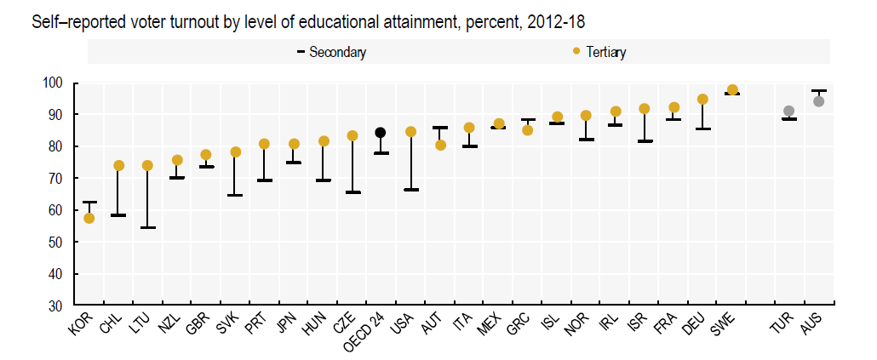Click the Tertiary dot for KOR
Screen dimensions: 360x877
(89, 218)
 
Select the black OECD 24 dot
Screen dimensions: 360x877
(381, 133)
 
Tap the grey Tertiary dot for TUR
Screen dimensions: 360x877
(789, 111)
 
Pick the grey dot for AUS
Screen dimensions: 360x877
(819, 101)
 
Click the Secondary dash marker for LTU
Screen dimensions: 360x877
(147, 227)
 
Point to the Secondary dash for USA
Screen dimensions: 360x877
(410, 189)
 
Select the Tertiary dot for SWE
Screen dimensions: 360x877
(732, 90)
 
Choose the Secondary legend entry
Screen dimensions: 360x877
(332, 52)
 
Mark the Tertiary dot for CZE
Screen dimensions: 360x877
(352, 136)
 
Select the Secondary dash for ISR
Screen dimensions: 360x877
(645, 141)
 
